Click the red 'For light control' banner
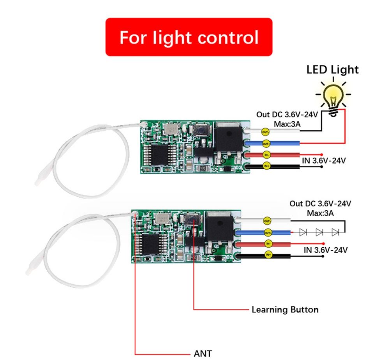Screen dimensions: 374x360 (x=189, y=37)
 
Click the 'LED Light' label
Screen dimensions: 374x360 (x=332, y=70)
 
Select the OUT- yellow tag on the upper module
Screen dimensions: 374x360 (x=265, y=132)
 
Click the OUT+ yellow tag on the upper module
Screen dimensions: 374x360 (x=266, y=144)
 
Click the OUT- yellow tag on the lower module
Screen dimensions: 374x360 (x=267, y=221)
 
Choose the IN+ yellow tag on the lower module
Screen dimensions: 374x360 (x=268, y=255)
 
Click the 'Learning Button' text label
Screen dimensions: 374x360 (x=285, y=310)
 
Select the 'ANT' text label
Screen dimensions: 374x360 (x=203, y=354)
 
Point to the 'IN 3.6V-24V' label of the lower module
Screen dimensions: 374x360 (x=326, y=250)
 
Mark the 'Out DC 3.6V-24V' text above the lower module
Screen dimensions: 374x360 (x=320, y=204)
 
